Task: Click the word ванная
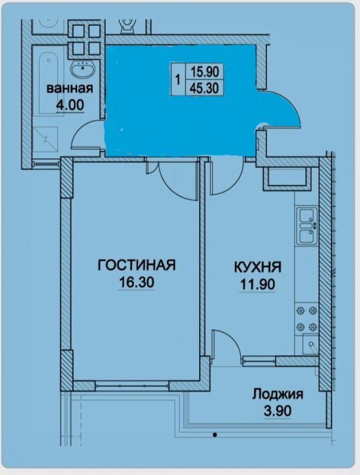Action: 69,89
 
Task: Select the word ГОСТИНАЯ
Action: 136,265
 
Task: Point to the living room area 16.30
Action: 137,282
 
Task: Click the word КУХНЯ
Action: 258,267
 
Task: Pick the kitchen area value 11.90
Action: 258,284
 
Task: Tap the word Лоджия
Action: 278,395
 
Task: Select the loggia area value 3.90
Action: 278,411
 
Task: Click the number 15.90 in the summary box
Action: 204,72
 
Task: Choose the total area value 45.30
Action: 204,88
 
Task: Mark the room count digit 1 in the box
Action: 178,80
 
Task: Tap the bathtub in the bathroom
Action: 48,83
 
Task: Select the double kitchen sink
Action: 307,226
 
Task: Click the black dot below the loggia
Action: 215,435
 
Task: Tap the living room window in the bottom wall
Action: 132,386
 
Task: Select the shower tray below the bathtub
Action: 45,139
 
